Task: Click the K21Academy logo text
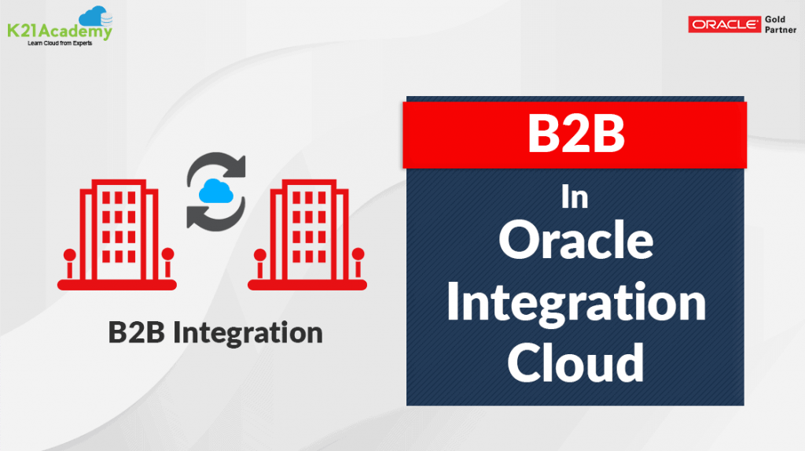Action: tap(59, 31)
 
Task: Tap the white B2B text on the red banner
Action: tap(575, 134)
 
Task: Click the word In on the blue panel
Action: tap(575, 198)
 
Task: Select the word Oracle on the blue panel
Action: tap(575, 242)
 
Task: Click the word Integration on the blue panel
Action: tap(575, 303)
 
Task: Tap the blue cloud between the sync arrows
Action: tap(215, 190)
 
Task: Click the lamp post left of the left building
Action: tap(70, 263)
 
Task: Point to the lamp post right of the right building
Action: tap(358, 263)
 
